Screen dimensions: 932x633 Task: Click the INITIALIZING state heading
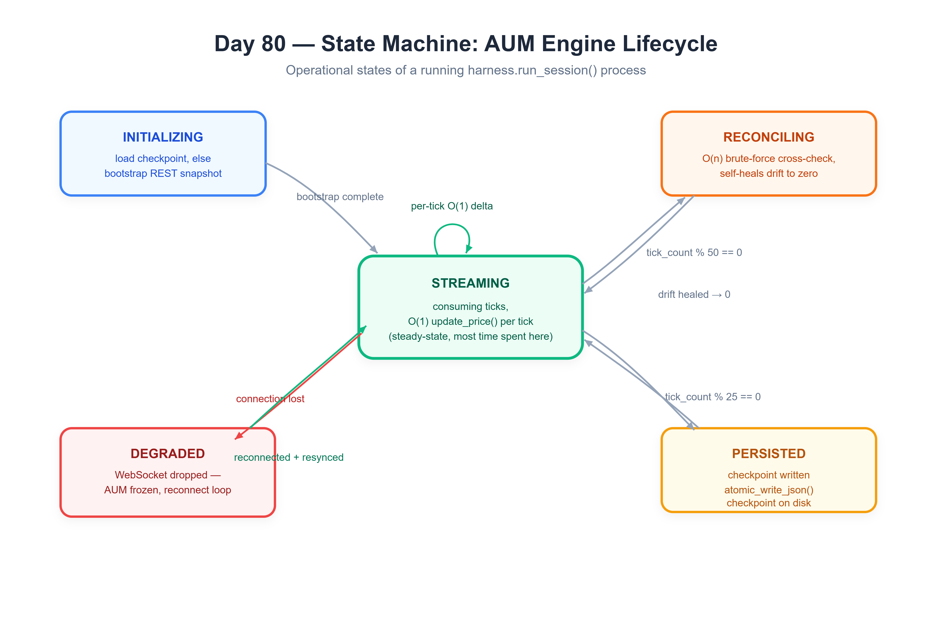163,137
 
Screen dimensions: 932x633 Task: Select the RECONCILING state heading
768,137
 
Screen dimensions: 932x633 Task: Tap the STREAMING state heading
470,283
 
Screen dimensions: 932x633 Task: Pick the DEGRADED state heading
168,454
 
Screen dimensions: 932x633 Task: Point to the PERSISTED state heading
768,454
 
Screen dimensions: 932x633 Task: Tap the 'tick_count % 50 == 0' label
694,252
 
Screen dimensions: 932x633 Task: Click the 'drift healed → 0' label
694,294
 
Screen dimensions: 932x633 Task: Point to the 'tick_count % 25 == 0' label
713,397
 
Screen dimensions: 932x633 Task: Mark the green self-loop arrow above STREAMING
452,225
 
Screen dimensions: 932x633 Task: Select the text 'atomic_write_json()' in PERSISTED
768,490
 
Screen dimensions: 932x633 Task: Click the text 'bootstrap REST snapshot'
163,174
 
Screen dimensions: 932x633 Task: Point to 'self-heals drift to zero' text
768,174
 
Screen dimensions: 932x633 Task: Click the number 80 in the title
274,44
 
